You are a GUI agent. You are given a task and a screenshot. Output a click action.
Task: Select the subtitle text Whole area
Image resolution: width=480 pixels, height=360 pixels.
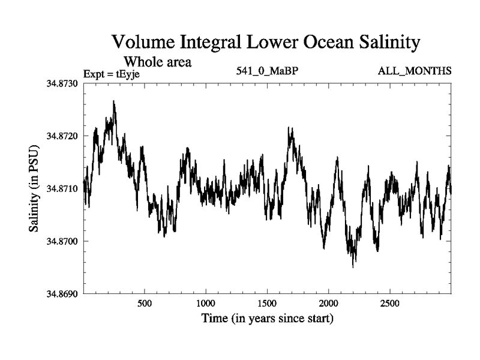(x=157, y=62)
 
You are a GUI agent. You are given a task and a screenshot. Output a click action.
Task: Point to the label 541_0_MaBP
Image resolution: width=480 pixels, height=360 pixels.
(x=268, y=71)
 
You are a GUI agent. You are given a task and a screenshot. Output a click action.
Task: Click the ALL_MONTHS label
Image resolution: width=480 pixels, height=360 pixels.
(x=415, y=71)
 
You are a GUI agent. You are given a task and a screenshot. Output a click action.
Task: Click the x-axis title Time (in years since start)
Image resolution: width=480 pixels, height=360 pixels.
(x=267, y=318)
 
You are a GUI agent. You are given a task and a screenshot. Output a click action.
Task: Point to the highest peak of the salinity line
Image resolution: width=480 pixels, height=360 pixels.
(x=113, y=101)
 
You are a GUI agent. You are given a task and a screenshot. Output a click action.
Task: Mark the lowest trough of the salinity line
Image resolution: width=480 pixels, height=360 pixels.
(x=353, y=267)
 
